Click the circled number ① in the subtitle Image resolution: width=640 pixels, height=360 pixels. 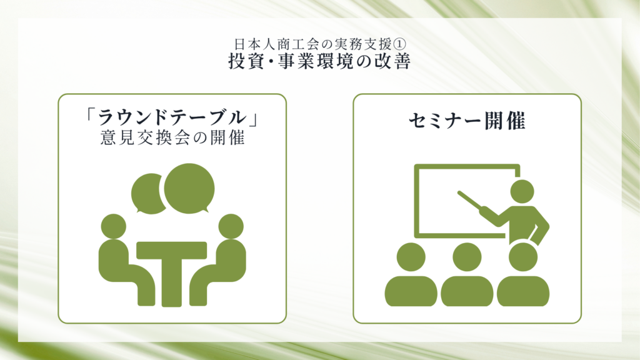(399, 44)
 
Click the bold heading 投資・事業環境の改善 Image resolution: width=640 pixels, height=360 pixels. (319, 62)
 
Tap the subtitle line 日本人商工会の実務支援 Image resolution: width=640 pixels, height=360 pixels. (313, 44)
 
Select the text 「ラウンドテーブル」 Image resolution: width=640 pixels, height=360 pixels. (172, 118)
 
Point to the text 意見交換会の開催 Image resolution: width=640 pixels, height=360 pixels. (172, 138)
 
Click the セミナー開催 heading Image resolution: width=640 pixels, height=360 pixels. (467, 121)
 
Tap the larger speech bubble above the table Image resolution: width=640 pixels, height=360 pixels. (189, 188)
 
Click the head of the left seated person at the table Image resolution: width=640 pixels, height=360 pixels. (114, 226)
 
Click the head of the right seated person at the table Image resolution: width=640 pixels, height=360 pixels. (231, 226)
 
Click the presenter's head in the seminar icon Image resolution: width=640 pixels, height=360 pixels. (522, 191)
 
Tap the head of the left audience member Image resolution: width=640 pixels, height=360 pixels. (411, 257)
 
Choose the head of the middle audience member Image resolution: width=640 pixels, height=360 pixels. (467, 257)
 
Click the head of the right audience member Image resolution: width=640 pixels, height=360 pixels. (523, 257)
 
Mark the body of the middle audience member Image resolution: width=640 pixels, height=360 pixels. (467, 291)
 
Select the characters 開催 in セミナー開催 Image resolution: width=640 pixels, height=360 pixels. (505, 121)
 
